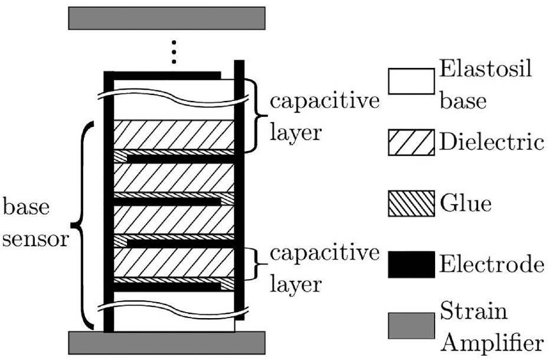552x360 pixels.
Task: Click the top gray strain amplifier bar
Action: pyautogui.click(x=166, y=18)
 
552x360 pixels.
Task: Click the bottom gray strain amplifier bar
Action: pyautogui.click(x=166, y=343)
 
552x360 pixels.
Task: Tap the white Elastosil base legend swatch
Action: pyautogui.click(x=411, y=81)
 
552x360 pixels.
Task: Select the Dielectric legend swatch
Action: pyautogui.click(x=411, y=142)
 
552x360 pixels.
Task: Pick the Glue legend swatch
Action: pyautogui.click(x=411, y=204)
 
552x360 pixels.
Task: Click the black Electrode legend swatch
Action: pyautogui.click(x=411, y=264)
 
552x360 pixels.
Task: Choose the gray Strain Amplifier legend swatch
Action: pyautogui.click(x=411, y=326)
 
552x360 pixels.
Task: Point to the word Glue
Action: pyautogui.click(x=465, y=204)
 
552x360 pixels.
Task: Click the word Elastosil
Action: pyautogui.click(x=486, y=69)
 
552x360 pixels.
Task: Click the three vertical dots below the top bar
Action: pyautogui.click(x=173, y=53)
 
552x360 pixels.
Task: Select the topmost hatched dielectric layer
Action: pyautogui.click(x=174, y=135)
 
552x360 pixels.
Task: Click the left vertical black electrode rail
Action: pyautogui.click(x=109, y=202)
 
